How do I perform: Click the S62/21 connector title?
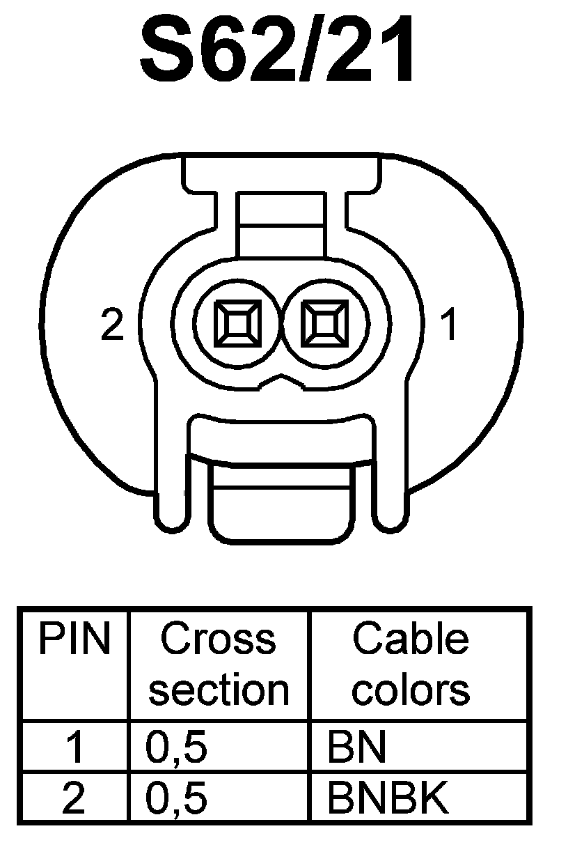(x=278, y=52)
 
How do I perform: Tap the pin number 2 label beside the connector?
(x=112, y=325)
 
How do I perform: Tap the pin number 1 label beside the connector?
(x=450, y=325)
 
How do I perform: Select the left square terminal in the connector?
(x=237, y=325)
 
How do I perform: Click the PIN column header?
(x=74, y=639)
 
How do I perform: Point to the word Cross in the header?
(x=218, y=639)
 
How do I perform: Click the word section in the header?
(x=219, y=690)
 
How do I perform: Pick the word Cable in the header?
(x=410, y=639)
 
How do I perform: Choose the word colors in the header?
(x=410, y=690)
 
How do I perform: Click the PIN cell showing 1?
(x=74, y=748)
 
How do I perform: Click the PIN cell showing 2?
(x=74, y=798)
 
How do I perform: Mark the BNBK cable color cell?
(x=388, y=798)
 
